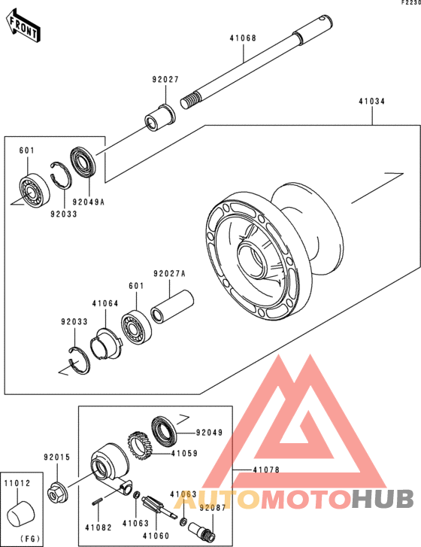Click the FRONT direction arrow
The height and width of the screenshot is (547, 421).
click(x=23, y=27)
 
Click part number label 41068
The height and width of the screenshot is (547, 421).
click(x=243, y=38)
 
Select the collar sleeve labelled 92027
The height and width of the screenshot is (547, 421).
click(x=160, y=118)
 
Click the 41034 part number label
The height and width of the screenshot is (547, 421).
click(x=372, y=102)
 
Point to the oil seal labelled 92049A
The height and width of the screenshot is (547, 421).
click(x=83, y=163)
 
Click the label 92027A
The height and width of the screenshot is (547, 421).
click(x=169, y=274)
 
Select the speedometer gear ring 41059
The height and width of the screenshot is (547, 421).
click(x=139, y=445)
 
